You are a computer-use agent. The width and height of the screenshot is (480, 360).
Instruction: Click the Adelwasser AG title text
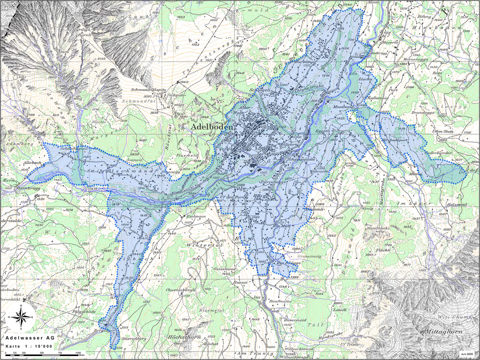pos(28,338)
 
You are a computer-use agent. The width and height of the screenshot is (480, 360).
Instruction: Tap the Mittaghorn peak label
pos(443,332)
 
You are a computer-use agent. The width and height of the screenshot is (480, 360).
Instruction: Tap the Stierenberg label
pos(134,339)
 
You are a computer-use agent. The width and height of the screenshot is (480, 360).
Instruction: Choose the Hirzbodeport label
pos(395,139)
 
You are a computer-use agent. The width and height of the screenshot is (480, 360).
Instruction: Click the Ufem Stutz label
pos(443,132)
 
